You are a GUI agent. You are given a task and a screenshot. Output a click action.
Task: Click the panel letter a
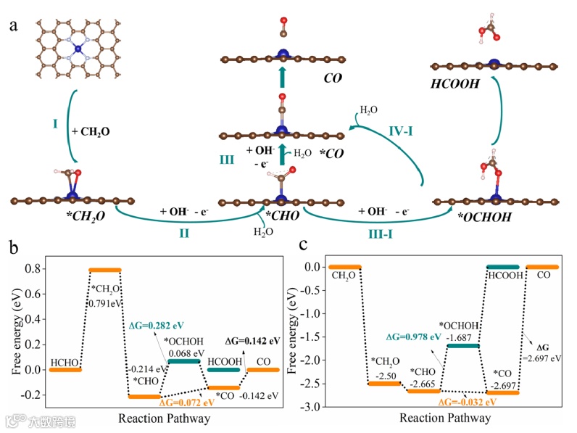click(x=13, y=26)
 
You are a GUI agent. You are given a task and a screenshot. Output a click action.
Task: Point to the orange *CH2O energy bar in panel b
click(x=104, y=270)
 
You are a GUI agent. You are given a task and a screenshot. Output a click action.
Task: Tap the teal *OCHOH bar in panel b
click(x=184, y=361)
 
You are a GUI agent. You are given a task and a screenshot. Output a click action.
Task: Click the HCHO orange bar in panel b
click(x=65, y=370)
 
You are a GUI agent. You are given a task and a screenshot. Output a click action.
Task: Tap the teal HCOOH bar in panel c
click(x=502, y=267)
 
